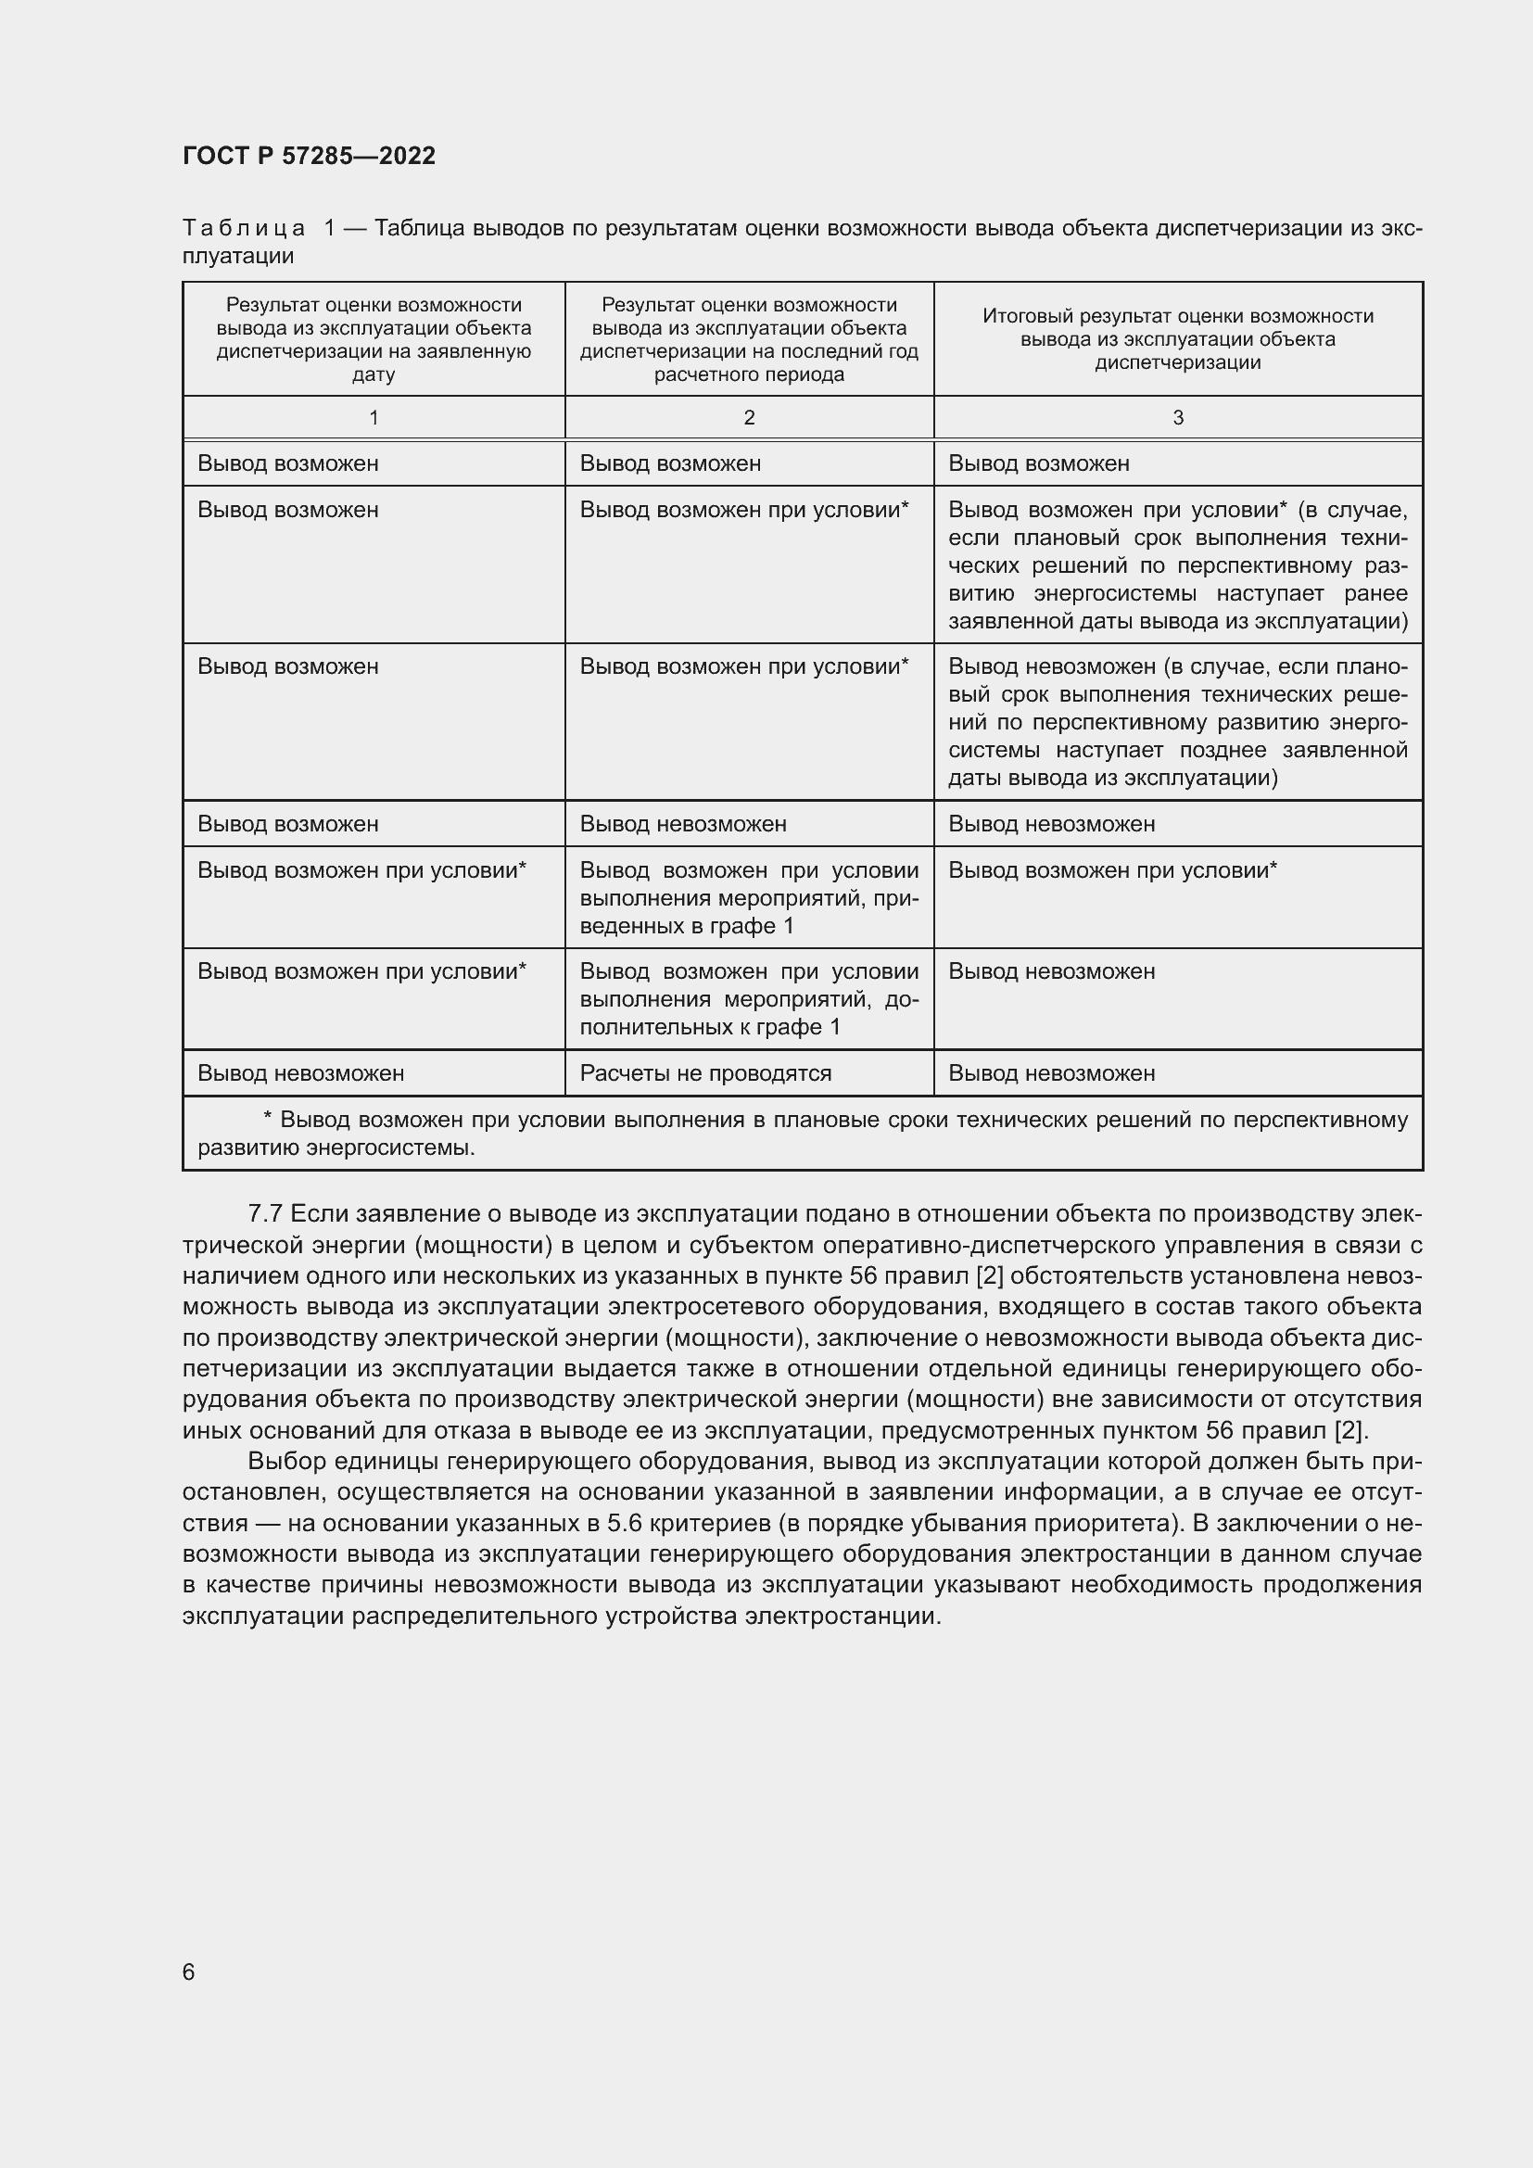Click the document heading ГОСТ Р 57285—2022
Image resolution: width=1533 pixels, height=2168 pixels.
[309, 156]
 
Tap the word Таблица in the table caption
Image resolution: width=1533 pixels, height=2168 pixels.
[244, 229]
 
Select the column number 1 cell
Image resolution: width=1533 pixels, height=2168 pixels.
[374, 417]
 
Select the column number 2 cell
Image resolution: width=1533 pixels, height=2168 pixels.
[749, 417]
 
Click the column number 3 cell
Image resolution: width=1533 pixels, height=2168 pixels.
[1177, 417]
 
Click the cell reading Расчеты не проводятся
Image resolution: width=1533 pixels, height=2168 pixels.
[705, 1072]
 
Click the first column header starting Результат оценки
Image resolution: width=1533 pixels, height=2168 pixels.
[374, 339]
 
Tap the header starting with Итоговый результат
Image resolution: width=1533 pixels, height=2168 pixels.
[1177, 339]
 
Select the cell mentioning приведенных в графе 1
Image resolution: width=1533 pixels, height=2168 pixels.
[749, 897]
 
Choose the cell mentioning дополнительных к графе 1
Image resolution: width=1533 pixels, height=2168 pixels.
[749, 999]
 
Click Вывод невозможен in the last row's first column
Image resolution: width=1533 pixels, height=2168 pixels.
[300, 1072]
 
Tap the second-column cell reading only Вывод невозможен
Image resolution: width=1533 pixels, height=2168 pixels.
[682, 823]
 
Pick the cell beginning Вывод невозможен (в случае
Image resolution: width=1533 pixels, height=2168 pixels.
[1177, 722]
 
